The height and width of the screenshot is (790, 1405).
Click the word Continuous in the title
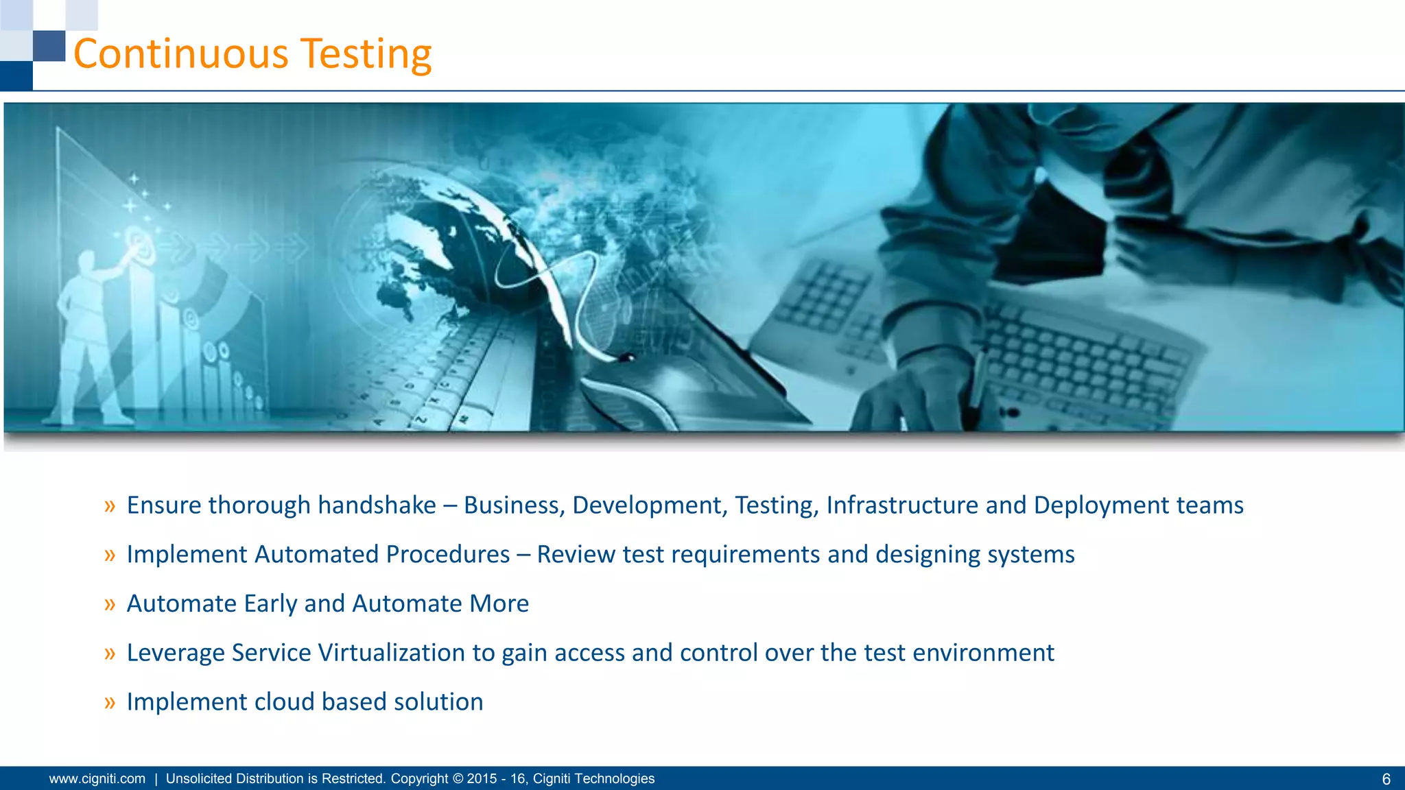(181, 53)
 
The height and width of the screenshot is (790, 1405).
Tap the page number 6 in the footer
(1386, 779)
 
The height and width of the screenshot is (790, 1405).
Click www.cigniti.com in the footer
(97, 778)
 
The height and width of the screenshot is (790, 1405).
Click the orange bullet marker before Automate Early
(110, 604)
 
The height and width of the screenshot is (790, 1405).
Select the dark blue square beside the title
(49, 45)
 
